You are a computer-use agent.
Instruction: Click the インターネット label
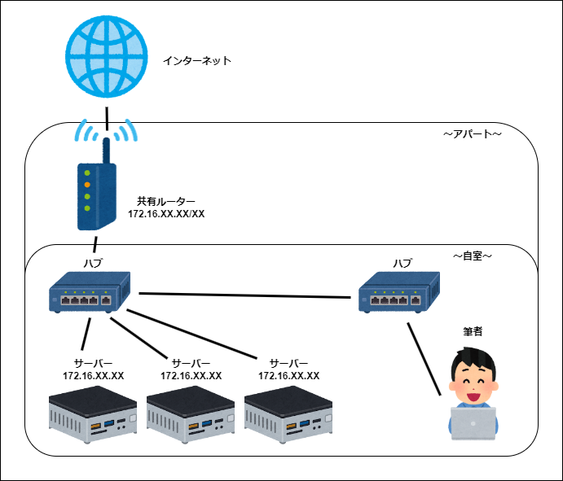pos(197,60)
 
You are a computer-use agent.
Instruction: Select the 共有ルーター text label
pos(166,200)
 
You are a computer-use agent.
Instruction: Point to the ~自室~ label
pos(473,256)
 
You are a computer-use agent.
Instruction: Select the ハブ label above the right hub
pos(402,263)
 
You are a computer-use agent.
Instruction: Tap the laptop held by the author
pos(473,422)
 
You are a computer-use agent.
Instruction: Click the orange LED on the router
pos(86,185)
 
